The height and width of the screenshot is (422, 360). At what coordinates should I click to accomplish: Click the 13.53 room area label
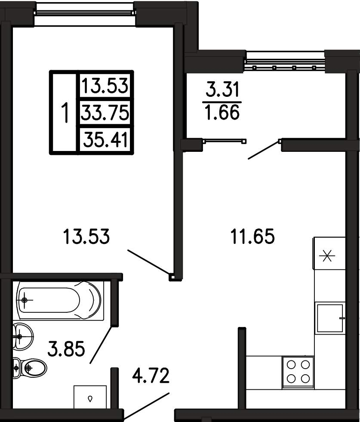click(x=86, y=236)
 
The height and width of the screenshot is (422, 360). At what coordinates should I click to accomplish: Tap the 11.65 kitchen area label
click(x=252, y=236)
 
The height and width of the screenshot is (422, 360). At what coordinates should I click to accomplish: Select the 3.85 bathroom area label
click(x=66, y=348)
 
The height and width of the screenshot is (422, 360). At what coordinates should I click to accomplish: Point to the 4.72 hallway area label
click(x=151, y=376)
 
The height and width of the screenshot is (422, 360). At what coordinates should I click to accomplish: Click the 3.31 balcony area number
click(x=222, y=89)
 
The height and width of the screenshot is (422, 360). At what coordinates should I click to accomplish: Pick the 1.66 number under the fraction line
click(x=222, y=112)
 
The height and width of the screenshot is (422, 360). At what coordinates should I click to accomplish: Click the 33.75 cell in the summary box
click(x=105, y=113)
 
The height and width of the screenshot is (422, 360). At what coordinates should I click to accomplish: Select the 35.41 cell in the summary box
click(x=105, y=140)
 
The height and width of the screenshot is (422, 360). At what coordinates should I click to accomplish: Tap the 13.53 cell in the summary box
click(x=105, y=86)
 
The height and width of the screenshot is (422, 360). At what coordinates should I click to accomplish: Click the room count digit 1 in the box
click(x=65, y=113)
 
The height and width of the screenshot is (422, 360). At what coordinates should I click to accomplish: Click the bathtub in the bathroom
click(x=60, y=300)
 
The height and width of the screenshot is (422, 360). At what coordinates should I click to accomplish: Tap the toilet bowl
click(x=30, y=368)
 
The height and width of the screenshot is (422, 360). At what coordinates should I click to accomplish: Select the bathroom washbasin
click(x=23, y=336)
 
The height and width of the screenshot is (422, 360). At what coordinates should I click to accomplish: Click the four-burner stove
click(x=298, y=372)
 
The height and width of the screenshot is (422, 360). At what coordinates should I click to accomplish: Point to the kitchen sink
click(x=330, y=318)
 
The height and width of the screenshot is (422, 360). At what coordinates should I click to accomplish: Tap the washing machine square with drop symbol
click(x=90, y=397)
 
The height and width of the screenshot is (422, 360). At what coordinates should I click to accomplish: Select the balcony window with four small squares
click(x=285, y=62)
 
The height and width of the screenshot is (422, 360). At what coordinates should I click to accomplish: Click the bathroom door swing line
click(x=101, y=345)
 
